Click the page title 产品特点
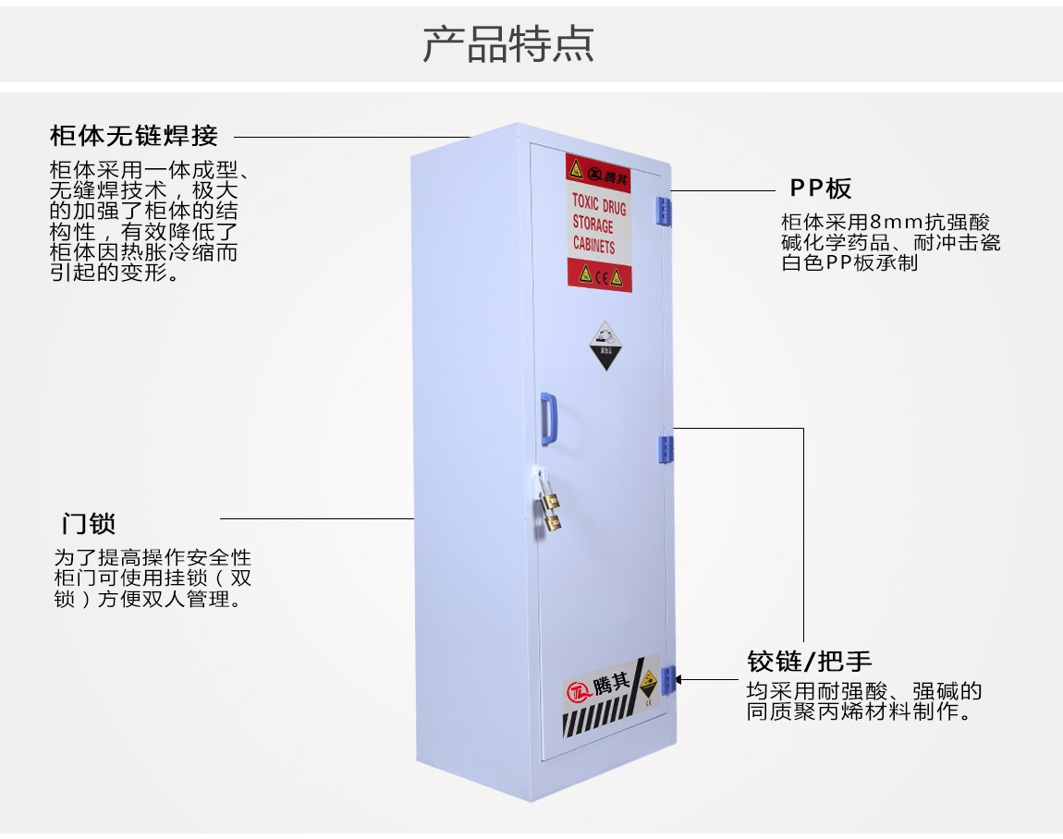tap(507, 43)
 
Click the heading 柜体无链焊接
tap(134, 136)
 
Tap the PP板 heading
tap(820, 188)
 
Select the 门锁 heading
tap(89, 523)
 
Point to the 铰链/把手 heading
tap(809, 661)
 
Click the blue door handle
tap(549, 418)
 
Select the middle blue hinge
tap(666, 448)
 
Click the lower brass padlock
tap(553, 523)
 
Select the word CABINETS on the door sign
tap(593, 245)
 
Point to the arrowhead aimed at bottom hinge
tap(682, 679)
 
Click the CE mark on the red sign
tap(600, 274)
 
